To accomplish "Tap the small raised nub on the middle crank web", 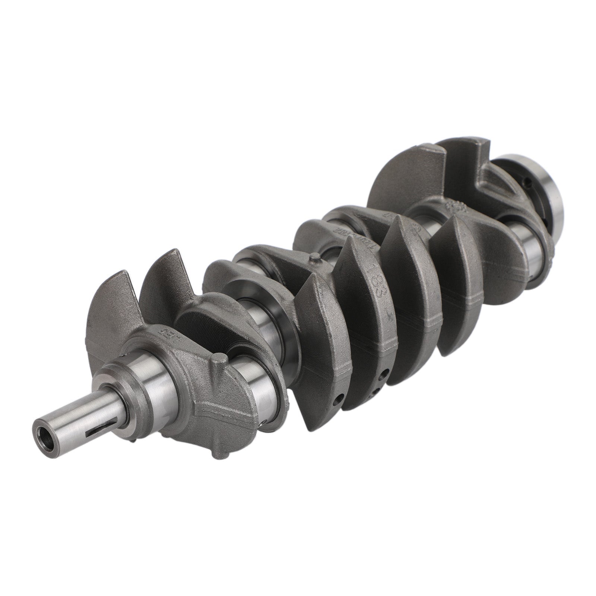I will (x=315, y=258).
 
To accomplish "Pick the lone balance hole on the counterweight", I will (x=337, y=400).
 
